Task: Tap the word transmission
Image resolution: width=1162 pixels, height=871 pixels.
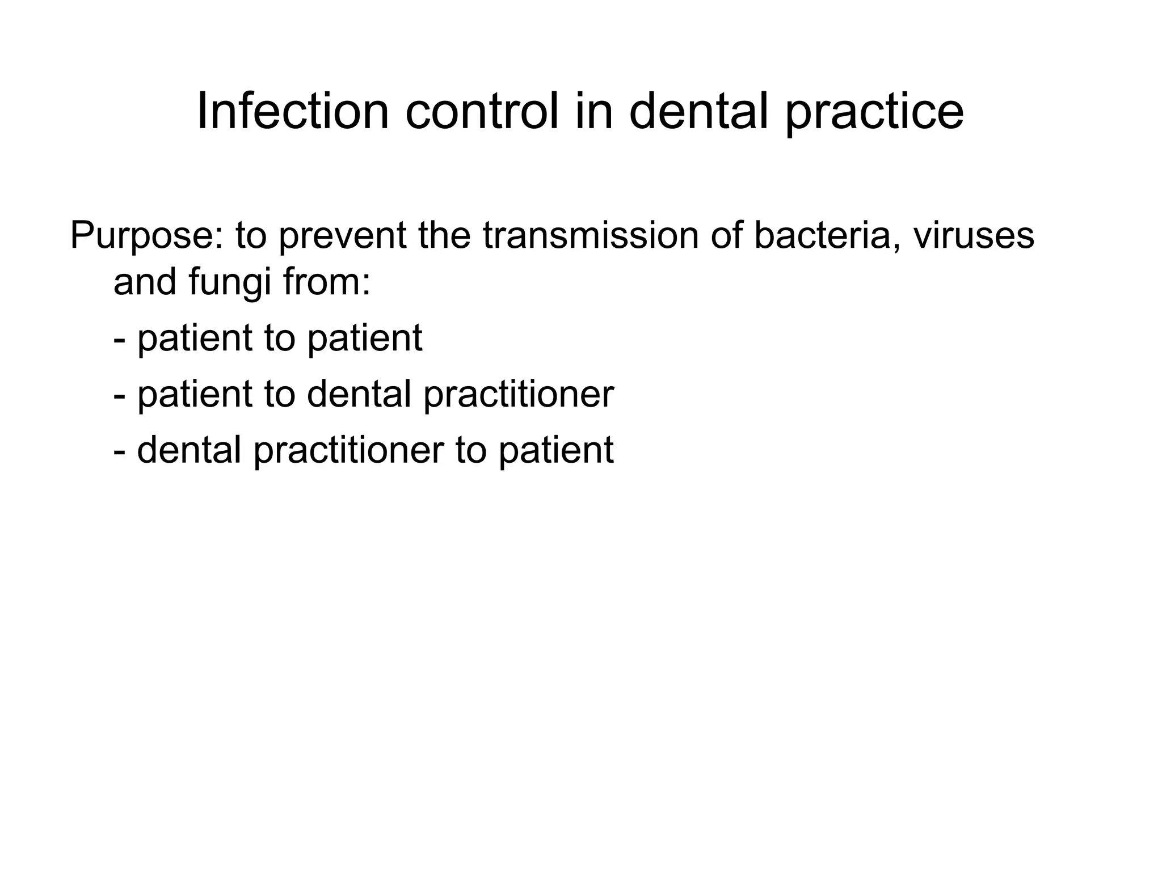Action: [x=591, y=235]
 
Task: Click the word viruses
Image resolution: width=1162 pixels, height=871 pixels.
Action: [x=974, y=235]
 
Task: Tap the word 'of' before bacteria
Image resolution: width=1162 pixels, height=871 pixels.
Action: [x=726, y=235]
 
